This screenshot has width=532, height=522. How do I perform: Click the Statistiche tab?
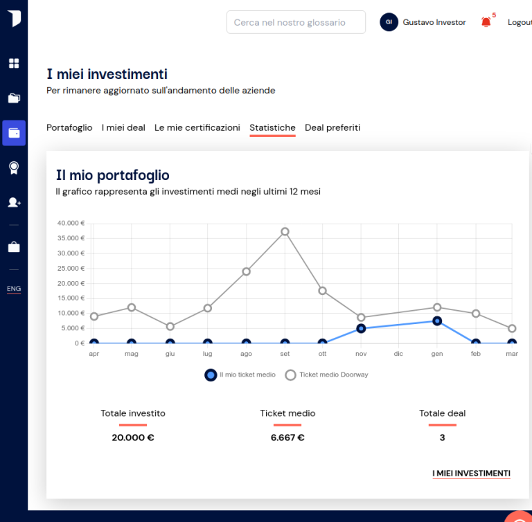pos(272,128)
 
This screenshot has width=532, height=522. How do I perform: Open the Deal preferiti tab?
pos(332,128)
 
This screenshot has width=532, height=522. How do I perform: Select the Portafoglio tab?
pos(69,128)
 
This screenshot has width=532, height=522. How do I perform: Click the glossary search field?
pos(296,22)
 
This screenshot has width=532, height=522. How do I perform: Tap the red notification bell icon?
pos(486,22)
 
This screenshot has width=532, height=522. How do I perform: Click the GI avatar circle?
pos(389,22)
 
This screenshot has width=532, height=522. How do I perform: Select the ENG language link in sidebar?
pos(14,289)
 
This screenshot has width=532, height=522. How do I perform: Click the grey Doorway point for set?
pos(285,232)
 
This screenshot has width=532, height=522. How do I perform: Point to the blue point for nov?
pos(361,328)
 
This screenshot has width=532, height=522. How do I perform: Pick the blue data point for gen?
pos(437,321)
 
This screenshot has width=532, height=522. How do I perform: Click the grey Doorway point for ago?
pos(247,271)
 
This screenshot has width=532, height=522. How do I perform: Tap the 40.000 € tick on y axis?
pos(71,223)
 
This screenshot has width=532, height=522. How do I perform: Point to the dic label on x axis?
pos(398,354)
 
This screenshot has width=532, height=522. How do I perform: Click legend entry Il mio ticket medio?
pos(240,375)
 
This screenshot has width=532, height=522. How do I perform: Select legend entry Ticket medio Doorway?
pos(327,375)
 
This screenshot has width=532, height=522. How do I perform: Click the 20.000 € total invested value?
pos(133,438)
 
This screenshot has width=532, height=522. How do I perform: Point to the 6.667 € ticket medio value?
pos(287,438)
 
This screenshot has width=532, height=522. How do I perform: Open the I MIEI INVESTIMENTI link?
pos(471,474)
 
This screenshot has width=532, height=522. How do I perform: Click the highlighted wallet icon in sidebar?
pos(14,133)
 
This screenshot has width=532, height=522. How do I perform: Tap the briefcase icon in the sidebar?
pos(14,247)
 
